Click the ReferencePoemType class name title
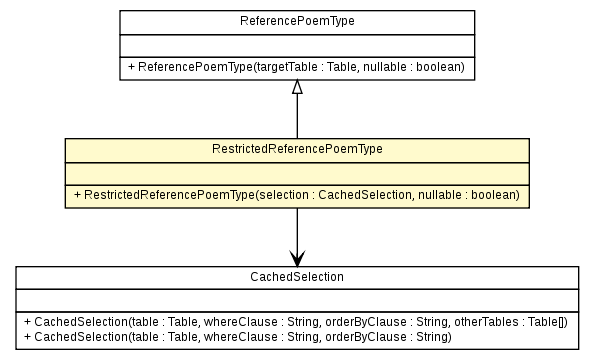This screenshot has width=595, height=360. pos(296,20)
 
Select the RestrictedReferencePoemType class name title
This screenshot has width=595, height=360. pos(296,148)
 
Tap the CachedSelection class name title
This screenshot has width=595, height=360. pos(296,276)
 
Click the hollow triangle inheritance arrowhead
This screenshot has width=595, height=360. pos(296,88)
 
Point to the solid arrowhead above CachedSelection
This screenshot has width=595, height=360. pos(296,258)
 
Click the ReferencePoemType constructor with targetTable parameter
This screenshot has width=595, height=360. pos(296,67)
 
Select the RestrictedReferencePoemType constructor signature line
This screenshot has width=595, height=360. pos(296,195)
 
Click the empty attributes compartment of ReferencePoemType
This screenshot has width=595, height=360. pos(296,45)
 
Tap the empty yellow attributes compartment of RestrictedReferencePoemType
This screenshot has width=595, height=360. pos(296,173)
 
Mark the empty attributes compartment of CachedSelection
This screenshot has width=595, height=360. pos(296,301)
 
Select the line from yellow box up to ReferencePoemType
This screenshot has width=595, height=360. pos(296,116)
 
